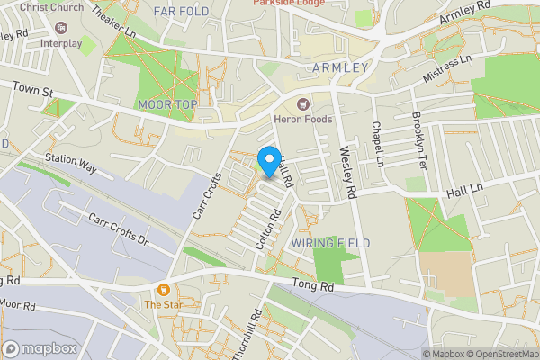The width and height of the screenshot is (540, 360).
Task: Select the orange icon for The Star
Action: (164, 290)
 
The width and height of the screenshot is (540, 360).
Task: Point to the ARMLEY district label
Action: (340, 68)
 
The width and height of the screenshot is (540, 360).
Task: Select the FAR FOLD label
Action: (181, 12)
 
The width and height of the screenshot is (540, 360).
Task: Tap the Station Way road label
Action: (71, 166)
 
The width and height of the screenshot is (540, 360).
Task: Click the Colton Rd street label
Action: (268, 229)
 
